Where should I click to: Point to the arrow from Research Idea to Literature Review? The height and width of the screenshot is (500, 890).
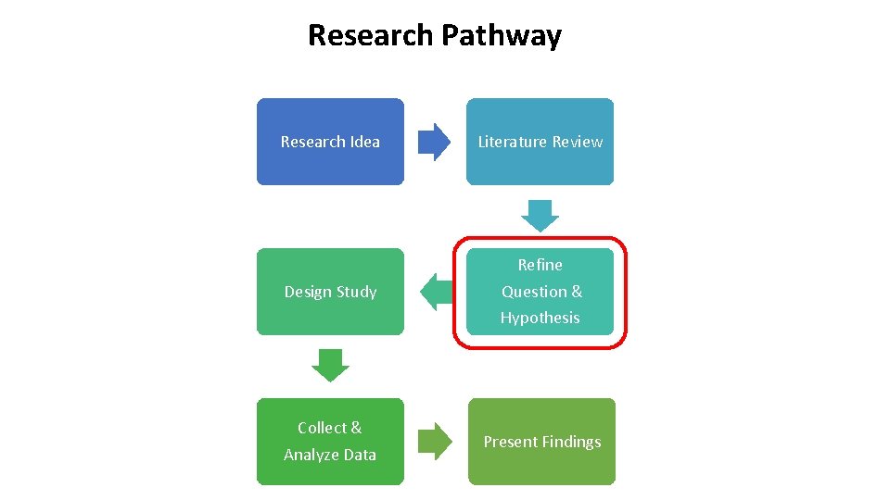pos(434,143)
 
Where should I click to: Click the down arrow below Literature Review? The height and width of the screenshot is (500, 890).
pos(540,215)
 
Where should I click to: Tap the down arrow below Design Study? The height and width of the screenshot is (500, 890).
pos(330,365)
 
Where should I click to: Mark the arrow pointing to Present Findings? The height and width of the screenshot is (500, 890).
pos(434,442)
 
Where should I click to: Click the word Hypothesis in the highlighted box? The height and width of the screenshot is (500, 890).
pos(540,318)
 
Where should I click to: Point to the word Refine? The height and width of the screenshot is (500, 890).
pos(540,265)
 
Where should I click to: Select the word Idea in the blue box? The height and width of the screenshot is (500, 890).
pos(364,142)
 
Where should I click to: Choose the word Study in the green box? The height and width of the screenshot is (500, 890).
pos(356,292)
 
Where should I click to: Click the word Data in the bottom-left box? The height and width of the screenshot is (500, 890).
pos(358,455)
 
